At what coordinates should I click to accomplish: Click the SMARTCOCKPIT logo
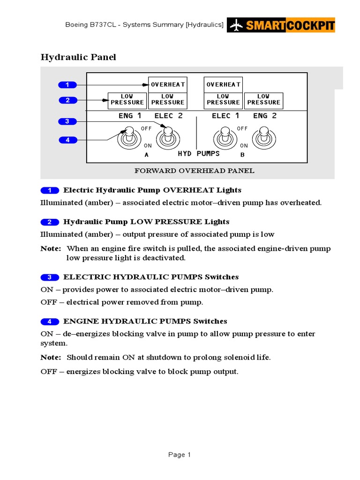pyautogui.click(x=281, y=25)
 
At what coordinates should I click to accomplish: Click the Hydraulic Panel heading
pyautogui.click(x=78, y=57)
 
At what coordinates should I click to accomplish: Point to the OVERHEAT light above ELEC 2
pyautogui.click(x=168, y=84)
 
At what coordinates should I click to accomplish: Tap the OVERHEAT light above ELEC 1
pyautogui.click(x=223, y=84)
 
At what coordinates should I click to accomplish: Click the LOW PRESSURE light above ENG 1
pyautogui.click(x=127, y=99)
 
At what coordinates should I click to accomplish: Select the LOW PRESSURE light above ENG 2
pyautogui.click(x=263, y=99)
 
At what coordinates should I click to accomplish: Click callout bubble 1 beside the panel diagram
pyautogui.click(x=67, y=85)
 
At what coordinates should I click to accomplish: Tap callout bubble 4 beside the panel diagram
pyautogui.click(x=67, y=140)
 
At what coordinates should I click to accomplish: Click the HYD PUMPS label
pyautogui.click(x=199, y=154)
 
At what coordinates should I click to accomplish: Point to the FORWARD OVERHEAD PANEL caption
pyautogui.click(x=194, y=171)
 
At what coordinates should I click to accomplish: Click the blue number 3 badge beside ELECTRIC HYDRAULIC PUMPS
pyautogui.click(x=50, y=277)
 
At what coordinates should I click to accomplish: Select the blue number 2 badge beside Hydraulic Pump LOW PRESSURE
pyautogui.click(x=50, y=222)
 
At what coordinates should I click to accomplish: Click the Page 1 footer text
pyautogui.click(x=180, y=455)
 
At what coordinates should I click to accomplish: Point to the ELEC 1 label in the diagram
pyautogui.click(x=225, y=116)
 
